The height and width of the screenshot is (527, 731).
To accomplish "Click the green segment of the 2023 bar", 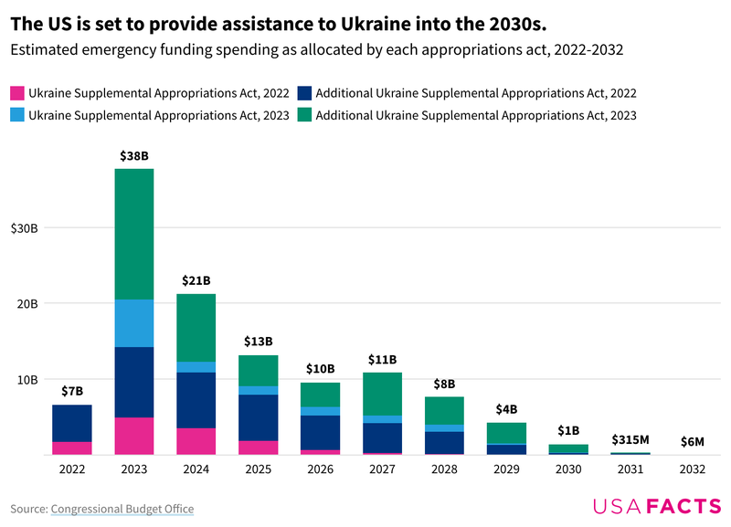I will (x=133, y=234).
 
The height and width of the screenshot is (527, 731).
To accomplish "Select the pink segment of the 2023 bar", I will (x=133, y=436).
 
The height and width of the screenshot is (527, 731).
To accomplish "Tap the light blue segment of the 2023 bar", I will (x=133, y=323).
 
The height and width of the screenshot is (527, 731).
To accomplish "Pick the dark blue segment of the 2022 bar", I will (x=71, y=423).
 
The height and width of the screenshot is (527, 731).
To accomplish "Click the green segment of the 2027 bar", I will (x=384, y=394).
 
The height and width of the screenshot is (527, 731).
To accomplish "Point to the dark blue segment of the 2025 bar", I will (x=259, y=417).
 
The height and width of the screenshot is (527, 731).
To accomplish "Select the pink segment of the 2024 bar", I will (x=196, y=441).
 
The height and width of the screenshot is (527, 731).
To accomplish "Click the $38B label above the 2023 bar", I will (x=133, y=156).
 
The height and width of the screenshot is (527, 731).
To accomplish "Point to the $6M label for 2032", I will (x=692, y=441).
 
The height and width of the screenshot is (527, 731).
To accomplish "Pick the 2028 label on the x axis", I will (x=446, y=470).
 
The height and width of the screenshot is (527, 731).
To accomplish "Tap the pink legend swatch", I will (x=16, y=93).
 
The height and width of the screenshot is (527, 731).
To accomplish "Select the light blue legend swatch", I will (x=16, y=115).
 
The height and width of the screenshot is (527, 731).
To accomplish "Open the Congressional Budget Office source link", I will (x=122, y=509).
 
